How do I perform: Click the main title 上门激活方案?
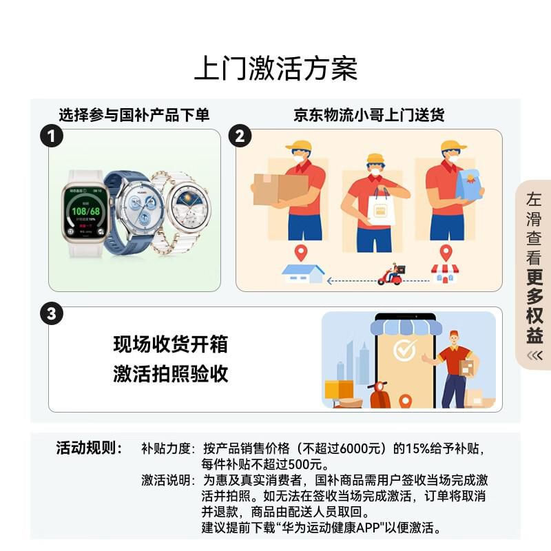276,68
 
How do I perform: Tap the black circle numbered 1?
51,136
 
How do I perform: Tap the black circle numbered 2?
240,136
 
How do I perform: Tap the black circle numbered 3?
51,313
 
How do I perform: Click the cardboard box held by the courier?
280,189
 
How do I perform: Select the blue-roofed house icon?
303,274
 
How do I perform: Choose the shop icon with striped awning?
445,273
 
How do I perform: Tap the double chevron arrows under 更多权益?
534,356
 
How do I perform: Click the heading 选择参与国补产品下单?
134,115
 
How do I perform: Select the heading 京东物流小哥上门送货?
369,115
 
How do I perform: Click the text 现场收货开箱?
170,344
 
